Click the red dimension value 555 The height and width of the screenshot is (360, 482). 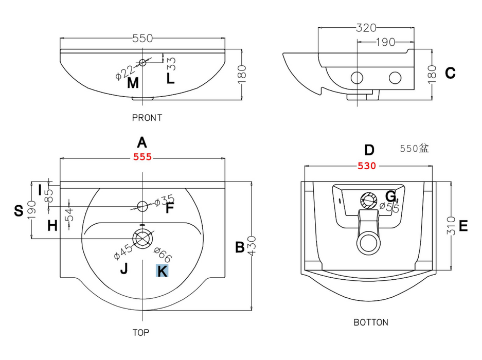pos(142,157)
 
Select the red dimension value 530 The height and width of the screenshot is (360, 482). pos(368,166)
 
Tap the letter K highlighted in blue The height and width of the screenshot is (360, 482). pos(162,271)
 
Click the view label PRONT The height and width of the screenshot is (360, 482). pos(147,118)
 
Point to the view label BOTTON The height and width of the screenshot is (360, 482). pos(370,322)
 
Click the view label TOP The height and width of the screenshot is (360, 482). pos(141,333)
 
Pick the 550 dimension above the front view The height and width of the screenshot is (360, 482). pos(142,38)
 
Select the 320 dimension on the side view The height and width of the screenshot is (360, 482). pos(366,27)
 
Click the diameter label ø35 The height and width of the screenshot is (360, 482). pos(165,200)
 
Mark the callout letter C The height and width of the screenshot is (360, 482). pos(450,74)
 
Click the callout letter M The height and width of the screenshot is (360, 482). pos(133,82)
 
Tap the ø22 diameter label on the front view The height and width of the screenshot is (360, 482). pos(125,71)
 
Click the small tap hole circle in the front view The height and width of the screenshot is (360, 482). pos(143,63)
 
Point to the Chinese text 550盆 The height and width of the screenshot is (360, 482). pos(414,149)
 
